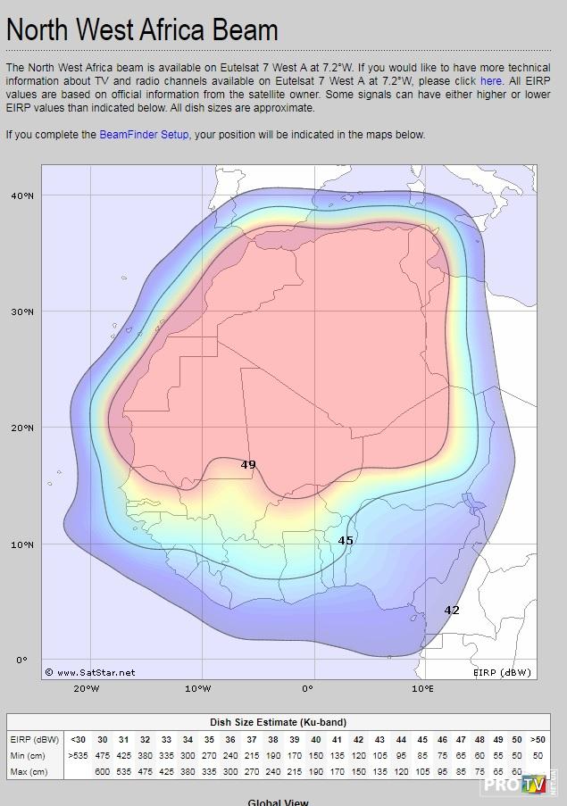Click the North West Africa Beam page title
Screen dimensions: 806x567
coord(142,29)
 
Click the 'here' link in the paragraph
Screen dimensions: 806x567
coord(491,80)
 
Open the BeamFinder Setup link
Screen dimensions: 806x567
coord(144,135)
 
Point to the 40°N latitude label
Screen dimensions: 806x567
coord(22,195)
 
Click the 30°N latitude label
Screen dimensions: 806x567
coord(22,312)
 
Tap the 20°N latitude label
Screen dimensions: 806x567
coord(22,428)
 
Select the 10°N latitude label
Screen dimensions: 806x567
coord(22,544)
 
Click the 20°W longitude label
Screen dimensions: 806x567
coord(87,689)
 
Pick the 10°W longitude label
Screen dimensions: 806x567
coord(197,689)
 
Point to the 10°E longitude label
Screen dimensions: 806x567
coord(423,689)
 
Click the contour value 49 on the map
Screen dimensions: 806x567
coord(248,465)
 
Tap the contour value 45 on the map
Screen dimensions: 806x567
coord(346,541)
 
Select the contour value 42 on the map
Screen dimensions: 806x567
coord(452,611)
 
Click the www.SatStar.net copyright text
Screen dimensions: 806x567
coord(90,672)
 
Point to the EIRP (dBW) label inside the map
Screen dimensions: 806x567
coord(502,672)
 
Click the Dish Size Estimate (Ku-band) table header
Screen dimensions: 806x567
coord(278,722)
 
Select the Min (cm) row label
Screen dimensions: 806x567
coord(29,756)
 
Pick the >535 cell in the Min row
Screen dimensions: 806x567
coord(78,756)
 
